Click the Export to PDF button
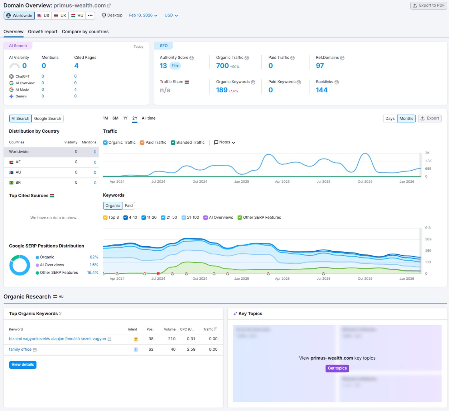[428, 5]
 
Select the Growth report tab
[43, 31]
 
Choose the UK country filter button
[60, 16]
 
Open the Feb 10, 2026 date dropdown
[143, 15]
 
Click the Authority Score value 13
[163, 66]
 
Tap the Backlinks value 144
[321, 90]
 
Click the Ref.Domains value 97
[320, 66]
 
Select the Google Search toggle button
[47, 119]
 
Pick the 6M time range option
[115, 118]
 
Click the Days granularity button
[390, 119]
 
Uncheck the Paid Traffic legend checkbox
[142, 143]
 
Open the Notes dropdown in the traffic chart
[224, 142]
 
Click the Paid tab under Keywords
[128, 206]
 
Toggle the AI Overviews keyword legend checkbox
[205, 218]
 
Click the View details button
[23, 365]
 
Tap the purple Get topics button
[337, 368]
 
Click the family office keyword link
[20, 349]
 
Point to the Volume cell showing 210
[172, 339]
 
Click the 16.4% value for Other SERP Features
[93, 272]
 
